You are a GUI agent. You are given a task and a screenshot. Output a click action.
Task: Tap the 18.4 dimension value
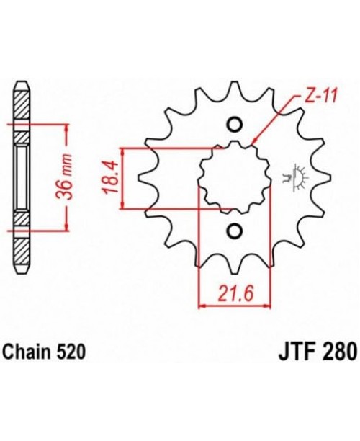point(108,179)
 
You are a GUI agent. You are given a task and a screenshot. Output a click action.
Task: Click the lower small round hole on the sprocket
point(234,231)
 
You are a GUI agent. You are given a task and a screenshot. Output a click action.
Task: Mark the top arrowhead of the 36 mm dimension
point(67,125)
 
